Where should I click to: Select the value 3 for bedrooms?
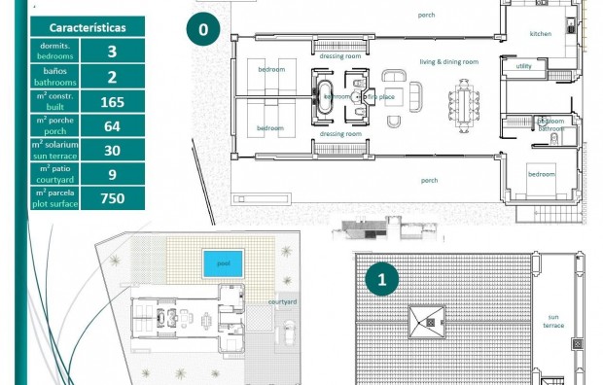pyautogui.click(x=112, y=52)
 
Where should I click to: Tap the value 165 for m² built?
pyautogui.click(x=112, y=101)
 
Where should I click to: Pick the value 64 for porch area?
pyautogui.click(x=112, y=125)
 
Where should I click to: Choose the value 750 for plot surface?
pyautogui.click(x=112, y=198)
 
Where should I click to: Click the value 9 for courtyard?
pyautogui.click(x=112, y=174)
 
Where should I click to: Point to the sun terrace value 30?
pyautogui.click(x=112, y=150)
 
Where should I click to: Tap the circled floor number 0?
pyautogui.click(x=202, y=30)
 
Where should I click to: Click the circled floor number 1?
pyautogui.click(x=381, y=280)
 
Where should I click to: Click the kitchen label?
pyautogui.click(x=540, y=34)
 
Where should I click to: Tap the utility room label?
pyautogui.click(x=524, y=66)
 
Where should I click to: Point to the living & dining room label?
pyautogui.click(x=448, y=61)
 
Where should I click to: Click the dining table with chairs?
pyautogui.click(x=464, y=98)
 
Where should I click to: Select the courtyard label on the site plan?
pyautogui.click(x=282, y=302)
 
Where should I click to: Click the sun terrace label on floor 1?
pyautogui.click(x=553, y=321)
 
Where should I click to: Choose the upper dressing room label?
pyautogui.click(x=340, y=57)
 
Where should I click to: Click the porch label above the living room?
pyautogui.click(x=426, y=16)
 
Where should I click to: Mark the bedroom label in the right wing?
pyautogui.click(x=541, y=174)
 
